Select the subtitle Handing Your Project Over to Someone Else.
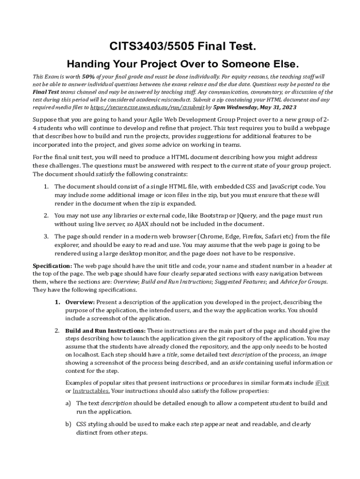click(x=183, y=63)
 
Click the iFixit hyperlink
click(x=322, y=383)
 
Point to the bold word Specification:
click(x=52, y=266)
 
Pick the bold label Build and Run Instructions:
click(x=106, y=331)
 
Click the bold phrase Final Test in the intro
click(x=45, y=92)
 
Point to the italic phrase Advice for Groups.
click(x=303, y=282)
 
